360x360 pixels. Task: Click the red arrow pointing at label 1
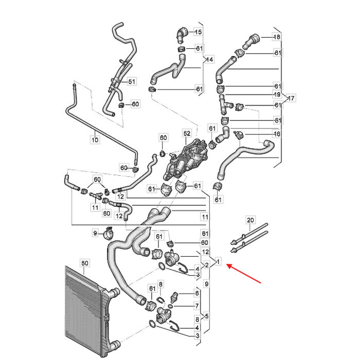[244, 274]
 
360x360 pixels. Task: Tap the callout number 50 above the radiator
[85, 263]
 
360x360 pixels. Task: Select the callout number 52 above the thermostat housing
[187, 133]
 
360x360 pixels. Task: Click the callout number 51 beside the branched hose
[132, 81]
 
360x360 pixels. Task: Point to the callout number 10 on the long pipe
[95, 139]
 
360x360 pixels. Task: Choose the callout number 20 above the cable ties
[250, 220]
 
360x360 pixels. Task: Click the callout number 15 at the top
[198, 32]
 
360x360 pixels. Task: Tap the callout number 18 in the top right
[277, 37]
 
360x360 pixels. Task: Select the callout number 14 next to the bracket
[210, 60]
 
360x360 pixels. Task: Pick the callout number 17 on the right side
[291, 98]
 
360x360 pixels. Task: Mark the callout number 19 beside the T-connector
[277, 94]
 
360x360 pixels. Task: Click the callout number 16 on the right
[277, 134]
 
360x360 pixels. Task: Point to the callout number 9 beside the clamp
[95, 233]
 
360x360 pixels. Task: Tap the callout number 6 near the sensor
[197, 293]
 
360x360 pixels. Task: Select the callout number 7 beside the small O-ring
[197, 306]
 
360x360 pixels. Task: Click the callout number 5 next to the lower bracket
[207, 316]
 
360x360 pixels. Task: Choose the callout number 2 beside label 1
[207, 265]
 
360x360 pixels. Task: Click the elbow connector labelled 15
[182, 34]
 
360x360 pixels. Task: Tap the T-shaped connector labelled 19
[224, 104]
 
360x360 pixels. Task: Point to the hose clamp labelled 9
[109, 233]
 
